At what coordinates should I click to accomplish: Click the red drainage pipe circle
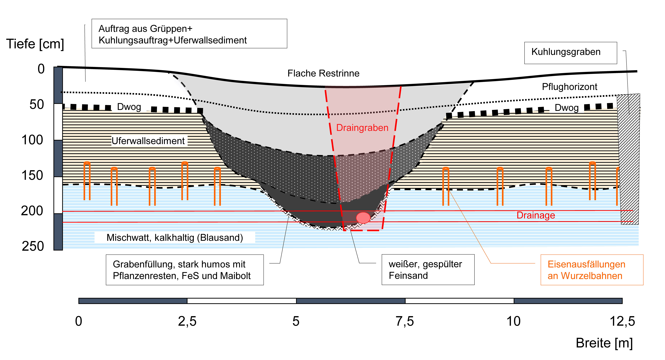pyautogui.click(x=363, y=218)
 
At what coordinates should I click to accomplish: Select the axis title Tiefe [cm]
pyautogui.click(x=35, y=44)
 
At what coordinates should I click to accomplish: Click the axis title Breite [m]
pyautogui.click(x=604, y=343)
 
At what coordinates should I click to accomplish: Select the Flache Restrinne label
pyautogui.click(x=323, y=73)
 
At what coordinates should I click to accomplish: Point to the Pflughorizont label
pyautogui.click(x=569, y=87)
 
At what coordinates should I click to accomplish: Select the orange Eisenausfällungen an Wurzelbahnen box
pyautogui.click(x=592, y=270)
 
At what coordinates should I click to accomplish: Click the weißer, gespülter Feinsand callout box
pyautogui.click(x=428, y=270)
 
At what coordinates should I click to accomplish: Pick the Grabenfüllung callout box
pyautogui.click(x=185, y=270)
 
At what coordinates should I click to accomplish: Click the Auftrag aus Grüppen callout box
pyautogui.click(x=189, y=34)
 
